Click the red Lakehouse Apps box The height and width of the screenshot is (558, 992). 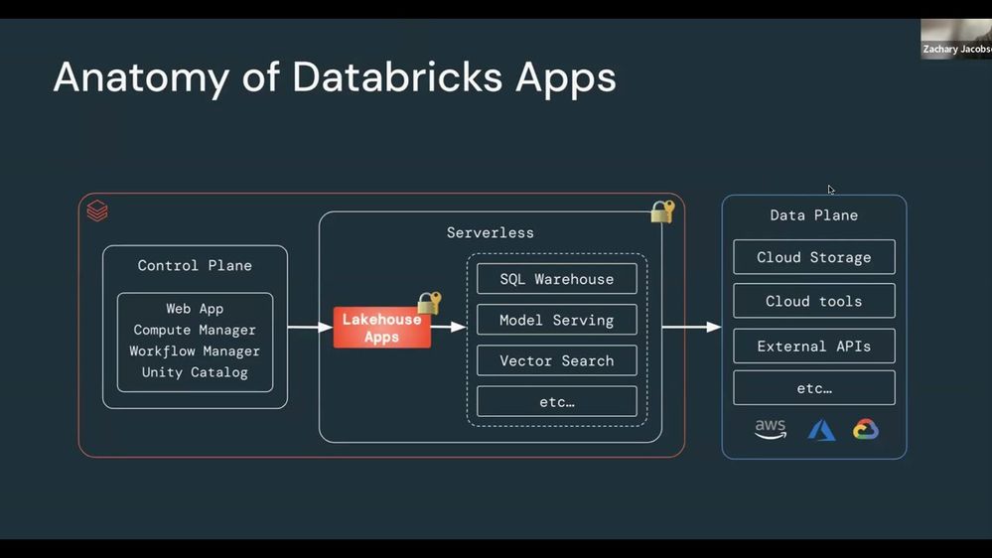coord(381,328)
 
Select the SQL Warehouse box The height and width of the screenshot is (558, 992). coord(556,279)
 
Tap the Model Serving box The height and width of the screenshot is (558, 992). coord(556,320)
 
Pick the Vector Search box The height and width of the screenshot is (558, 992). coord(556,360)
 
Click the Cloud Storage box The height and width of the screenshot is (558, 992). coord(813,257)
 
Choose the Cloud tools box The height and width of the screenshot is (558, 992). coord(813,301)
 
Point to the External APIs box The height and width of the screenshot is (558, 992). coord(813,346)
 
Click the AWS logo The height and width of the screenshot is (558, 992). coord(770,430)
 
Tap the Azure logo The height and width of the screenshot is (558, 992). coord(821,430)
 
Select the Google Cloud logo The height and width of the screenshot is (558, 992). coord(866,430)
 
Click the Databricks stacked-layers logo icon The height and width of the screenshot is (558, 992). coord(97,210)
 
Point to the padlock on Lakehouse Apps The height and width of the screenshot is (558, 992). coord(429,303)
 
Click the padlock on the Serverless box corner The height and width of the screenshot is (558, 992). coord(662,211)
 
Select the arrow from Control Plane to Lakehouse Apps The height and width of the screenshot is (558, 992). coord(310,327)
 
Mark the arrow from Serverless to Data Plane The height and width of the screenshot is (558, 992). coord(691,327)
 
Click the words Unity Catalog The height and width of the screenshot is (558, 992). coord(195,372)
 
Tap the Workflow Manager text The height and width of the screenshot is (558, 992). coord(195,351)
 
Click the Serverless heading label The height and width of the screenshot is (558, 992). coord(490,232)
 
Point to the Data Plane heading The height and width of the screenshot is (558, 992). coord(813,215)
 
